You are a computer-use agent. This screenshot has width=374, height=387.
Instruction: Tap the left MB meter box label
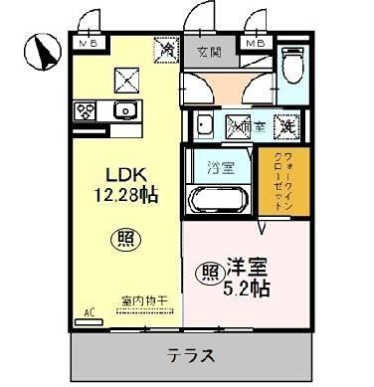pos(90,44)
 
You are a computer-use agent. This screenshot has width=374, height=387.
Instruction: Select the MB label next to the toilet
pos(255,44)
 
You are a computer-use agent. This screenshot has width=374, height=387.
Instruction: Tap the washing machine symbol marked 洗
pos(285,126)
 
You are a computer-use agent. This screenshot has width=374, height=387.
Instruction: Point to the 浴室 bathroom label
pos(221,167)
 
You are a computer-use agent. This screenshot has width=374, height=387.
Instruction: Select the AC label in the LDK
pos(89,312)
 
